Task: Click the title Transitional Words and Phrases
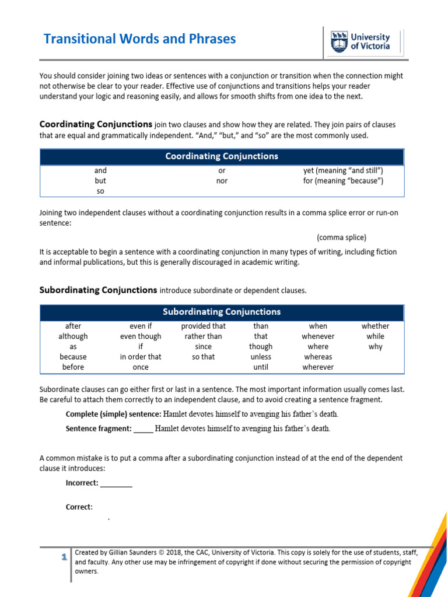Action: [x=140, y=39]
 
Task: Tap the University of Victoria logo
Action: [x=360, y=41]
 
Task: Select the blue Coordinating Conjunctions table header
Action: [x=222, y=156]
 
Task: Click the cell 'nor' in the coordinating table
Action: [x=222, y=181]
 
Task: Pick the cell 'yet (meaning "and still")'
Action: [x=342, y=171]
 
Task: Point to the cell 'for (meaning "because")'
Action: [x=342, y=181]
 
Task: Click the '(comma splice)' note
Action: [x=342, y=237]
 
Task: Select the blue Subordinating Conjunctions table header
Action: [x=222, y=312]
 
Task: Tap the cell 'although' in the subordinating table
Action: [x=73, y=336]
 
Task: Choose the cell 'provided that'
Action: [x=203, y=326]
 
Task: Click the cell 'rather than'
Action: [x=203, y=336]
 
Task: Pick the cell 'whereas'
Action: [x=318, y=357]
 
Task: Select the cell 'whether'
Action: [x=375, y=326]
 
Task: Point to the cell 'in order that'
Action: [x=141, y=357]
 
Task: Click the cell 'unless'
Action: [x=261, y=357]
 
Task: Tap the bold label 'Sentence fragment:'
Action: [x=99, y=429]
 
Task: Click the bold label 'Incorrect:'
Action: [x=82, y=483]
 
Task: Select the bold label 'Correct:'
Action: [x=79, y=507]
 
